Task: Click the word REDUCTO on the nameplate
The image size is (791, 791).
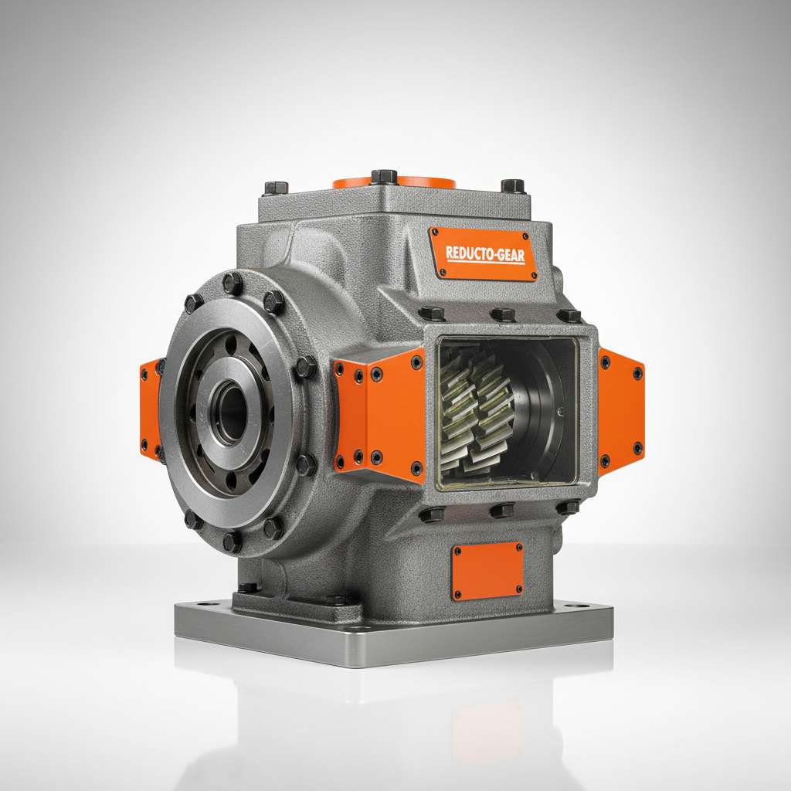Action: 468,253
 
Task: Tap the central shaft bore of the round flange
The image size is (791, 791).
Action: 229,411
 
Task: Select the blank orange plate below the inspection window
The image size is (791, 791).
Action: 487,571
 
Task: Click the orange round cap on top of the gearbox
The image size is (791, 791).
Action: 394,183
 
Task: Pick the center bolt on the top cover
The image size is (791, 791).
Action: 384,177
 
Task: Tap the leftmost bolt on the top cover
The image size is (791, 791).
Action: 276,188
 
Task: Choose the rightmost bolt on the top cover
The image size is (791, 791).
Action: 513,185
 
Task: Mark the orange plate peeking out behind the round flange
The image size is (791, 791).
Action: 149,409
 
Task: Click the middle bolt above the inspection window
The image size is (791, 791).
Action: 503,314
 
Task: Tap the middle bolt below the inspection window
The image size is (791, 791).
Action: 502,510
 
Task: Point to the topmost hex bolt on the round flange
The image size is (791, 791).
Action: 233,283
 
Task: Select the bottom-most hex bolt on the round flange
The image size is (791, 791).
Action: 233,541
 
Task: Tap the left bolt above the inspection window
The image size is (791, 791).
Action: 432,313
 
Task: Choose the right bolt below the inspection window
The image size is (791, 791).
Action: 569,507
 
